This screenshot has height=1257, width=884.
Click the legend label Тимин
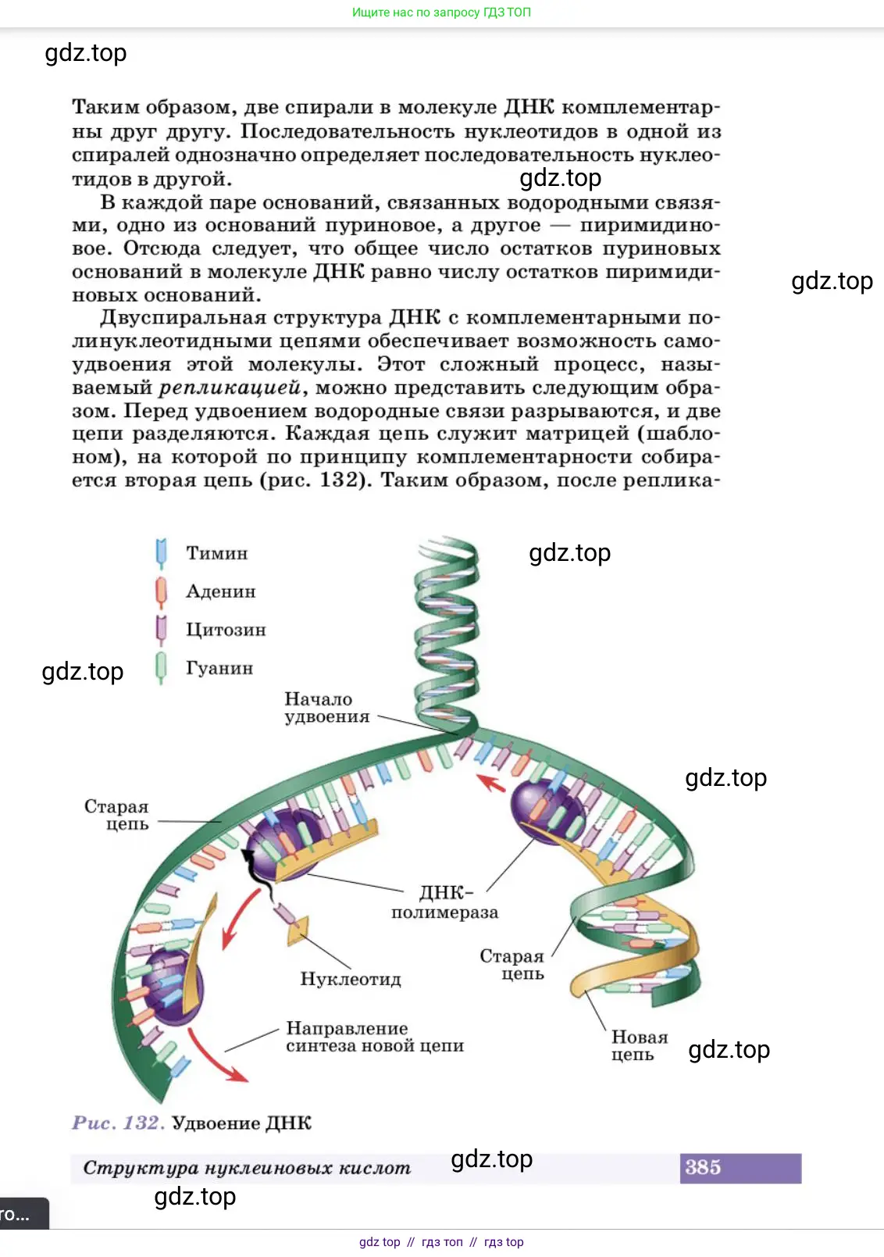pos(216,553)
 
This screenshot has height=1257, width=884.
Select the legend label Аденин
pos(220,591)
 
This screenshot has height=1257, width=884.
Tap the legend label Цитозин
pos(226,630)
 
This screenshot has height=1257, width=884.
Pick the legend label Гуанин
pos(219,668)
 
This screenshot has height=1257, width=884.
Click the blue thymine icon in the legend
pos(162,552)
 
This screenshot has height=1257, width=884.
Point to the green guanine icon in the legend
pos(162,668)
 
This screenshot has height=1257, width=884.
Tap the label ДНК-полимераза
pos(445,902)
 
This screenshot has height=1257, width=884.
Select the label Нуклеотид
pos(351,979)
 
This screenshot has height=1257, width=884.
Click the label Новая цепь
pos(639,1045)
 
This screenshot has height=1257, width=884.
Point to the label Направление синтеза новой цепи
pos(374,1037)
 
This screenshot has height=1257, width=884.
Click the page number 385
pos(704,1167)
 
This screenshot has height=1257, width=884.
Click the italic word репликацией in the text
pos(230,388)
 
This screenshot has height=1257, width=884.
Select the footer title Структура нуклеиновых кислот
pos(247,1168)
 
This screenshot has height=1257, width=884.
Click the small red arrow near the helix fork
pos(491,782)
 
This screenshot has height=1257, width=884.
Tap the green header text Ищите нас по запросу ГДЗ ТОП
pos(441,12)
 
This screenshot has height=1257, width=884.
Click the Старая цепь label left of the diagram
pos(117,815)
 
